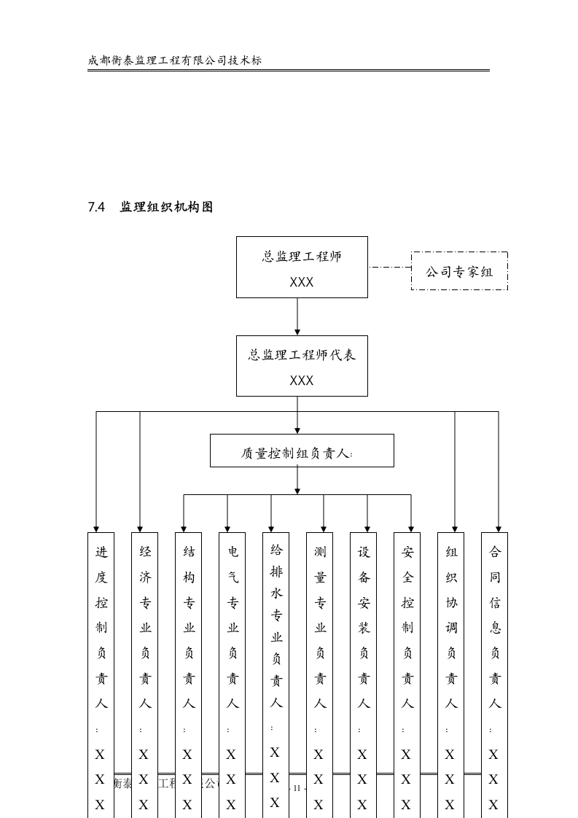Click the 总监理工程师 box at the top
[x=302, y=267]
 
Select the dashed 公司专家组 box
[x=459, y=271]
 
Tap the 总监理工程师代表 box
[x=302, y=366]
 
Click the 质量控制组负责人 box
[x=302, y=451]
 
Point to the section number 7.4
[x=97, y=207]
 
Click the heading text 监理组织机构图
[x=166, y=207]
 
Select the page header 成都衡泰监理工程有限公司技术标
[x=175, y=61]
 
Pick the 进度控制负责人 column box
[x=101, y=656]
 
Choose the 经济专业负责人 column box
[x=145, y=656]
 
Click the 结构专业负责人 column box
[x=189, y=656]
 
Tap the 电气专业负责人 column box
[x=233, y=656]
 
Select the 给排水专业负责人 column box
[x=276, y=656]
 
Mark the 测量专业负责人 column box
[x=320, y=656]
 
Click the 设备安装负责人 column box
[x=364, y=656]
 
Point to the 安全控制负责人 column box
[x=407, y=656]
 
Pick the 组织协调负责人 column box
[x=451, y=656]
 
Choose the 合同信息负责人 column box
[x=495, y=656]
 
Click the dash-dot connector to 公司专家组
[x=389, y=267]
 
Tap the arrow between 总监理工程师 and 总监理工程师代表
[x=297, y=316]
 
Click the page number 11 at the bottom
[x=297, y=788]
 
